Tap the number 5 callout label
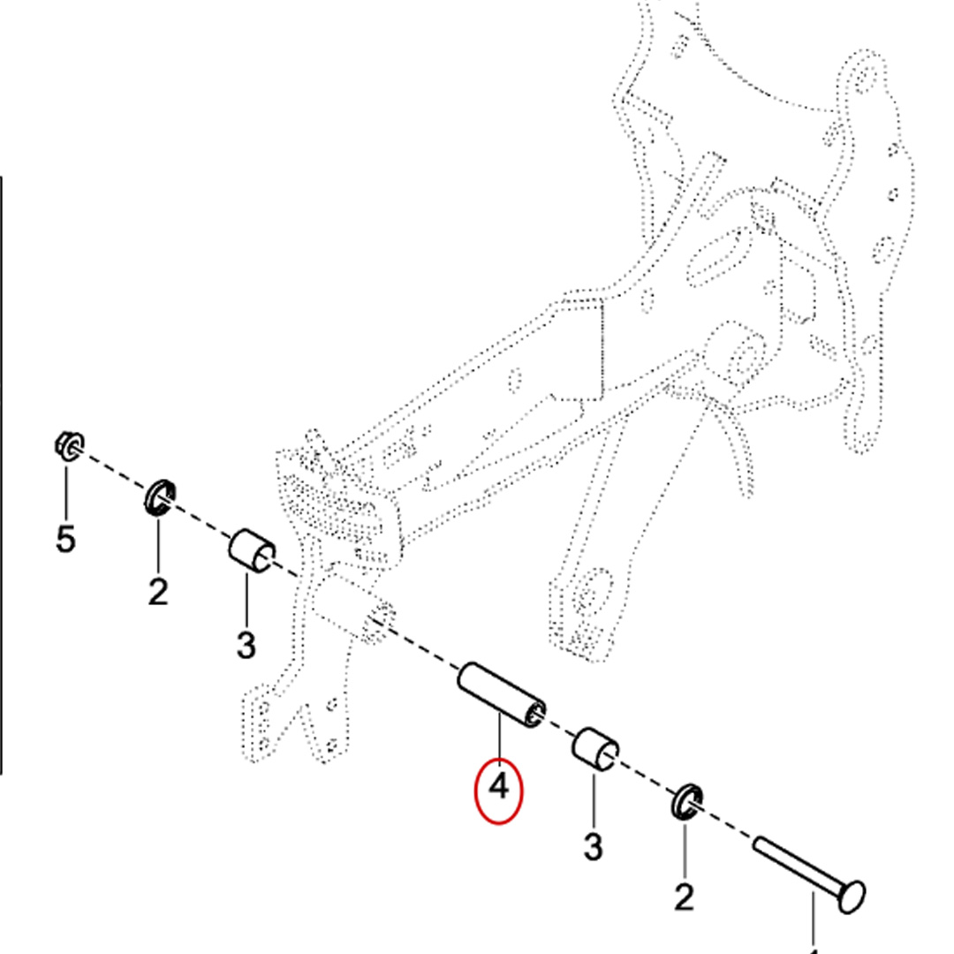(65, 538)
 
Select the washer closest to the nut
(159, 497)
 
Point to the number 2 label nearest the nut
(157, 591)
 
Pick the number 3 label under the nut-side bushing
(246, 645)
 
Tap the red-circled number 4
(499, 785)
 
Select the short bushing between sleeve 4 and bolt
(596, 752)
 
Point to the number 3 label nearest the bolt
(593, 845)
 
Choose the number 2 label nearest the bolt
(685, 897)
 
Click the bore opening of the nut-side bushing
(262, 560)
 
